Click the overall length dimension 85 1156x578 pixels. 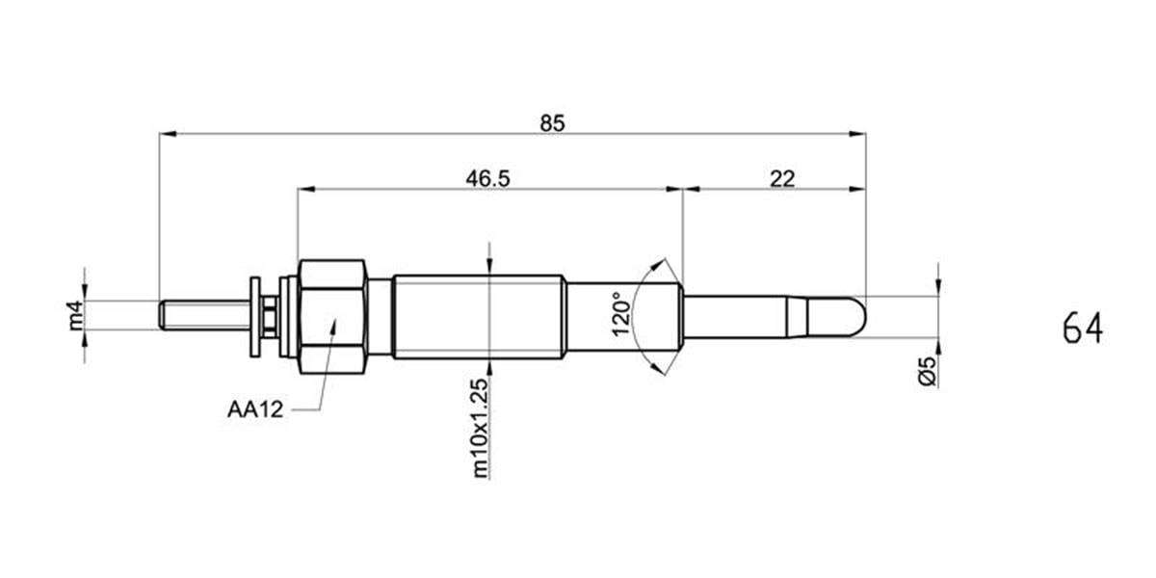pos(552,124)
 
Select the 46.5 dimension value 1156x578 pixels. pos(487,179)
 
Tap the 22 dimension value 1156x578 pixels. pos(782,179)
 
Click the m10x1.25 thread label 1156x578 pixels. pos(480,429)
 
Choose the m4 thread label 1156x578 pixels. pos(75,315)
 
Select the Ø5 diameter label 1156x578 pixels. pos(928,371)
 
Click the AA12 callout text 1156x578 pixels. pos(255,409)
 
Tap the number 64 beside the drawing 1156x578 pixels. pos(1083,328)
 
